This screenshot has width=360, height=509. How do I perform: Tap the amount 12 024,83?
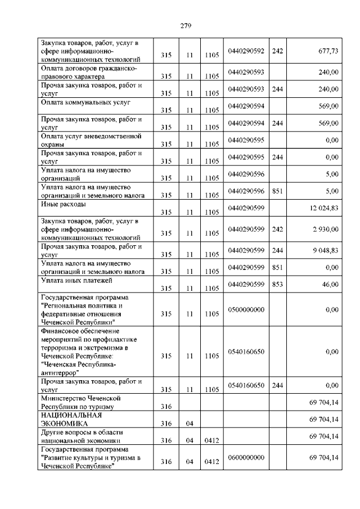click(323, 209)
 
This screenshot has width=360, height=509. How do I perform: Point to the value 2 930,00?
click(325, 229)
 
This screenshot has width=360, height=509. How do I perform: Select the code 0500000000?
click(246, 309)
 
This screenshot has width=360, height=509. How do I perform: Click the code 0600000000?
click(246, 458)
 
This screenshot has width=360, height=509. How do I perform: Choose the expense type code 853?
click(277, 285)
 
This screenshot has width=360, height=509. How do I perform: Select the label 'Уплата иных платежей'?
click(78, 280)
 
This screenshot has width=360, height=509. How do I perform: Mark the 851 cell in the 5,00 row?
click(277, 191)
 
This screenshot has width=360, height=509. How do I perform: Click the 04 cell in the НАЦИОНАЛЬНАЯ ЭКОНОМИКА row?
click(190, 424)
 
